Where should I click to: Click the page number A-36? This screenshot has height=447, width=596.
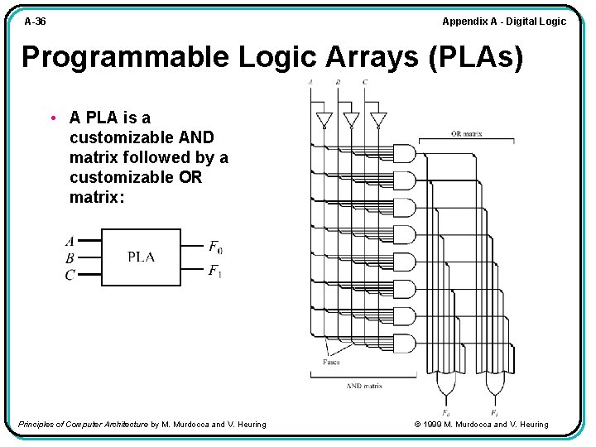[x=36, y=22]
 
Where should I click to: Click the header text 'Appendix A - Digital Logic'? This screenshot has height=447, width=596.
[x=504, y=22]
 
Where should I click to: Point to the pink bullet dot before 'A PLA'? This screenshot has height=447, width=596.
[x=52, y=118]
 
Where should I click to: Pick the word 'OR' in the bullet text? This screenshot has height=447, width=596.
[x=190, y=177]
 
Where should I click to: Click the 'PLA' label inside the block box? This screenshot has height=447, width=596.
[x=141, y=257]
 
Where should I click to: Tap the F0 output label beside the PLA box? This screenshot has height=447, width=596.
[x=215, y=247]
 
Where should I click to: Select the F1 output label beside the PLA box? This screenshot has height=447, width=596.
[x=215, y=270]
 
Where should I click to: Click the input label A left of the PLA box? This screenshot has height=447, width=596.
[x=70, y=242]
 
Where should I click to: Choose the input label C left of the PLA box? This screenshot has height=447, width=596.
[x=70, y=275]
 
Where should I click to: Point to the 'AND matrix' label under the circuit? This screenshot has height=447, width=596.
[x=364, y=386]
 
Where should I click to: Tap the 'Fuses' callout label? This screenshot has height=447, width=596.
[x=331, y=362]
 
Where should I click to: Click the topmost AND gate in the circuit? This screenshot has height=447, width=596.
[x=403, y=153]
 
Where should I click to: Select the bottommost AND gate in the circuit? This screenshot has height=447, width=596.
[x=403, y=343]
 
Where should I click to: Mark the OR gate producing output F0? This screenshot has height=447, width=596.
[x=446, y=384]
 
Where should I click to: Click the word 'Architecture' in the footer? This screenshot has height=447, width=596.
[x=122, y=425]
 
